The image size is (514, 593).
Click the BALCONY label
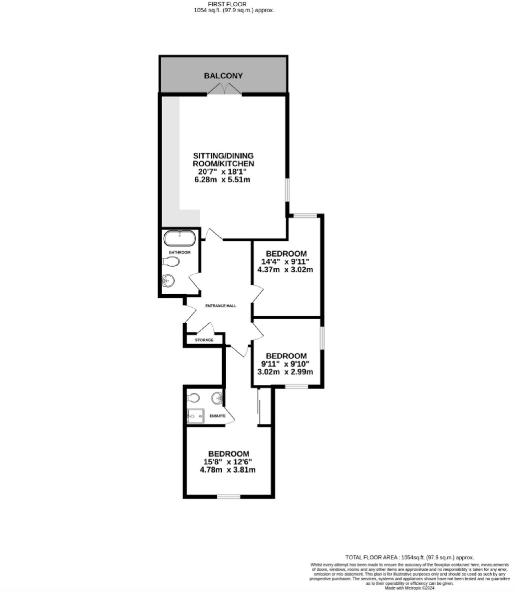point(223,76)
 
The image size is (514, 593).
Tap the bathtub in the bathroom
point(180,238)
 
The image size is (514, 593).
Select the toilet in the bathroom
point(171,262)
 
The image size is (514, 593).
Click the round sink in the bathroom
point(168,281)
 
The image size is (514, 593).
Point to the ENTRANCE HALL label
point(221,306)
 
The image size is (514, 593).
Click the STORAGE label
point(204,340)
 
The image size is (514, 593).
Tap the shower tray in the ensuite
point(195,416)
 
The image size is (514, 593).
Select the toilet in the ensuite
point(193,398)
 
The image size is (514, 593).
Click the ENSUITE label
point(217,416)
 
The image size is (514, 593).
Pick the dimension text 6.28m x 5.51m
point(222,180)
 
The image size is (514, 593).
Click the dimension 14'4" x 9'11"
point(285,262)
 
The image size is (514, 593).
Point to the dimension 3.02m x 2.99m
point(285,372)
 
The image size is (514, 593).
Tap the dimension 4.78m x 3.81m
point(228,470)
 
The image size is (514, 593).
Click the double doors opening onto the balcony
point(224,89)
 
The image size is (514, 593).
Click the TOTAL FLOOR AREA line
point(409,557)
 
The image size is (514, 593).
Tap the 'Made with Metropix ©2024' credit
point(409,588)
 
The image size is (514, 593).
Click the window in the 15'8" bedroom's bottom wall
point(229,497)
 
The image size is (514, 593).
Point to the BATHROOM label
point(180,252)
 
